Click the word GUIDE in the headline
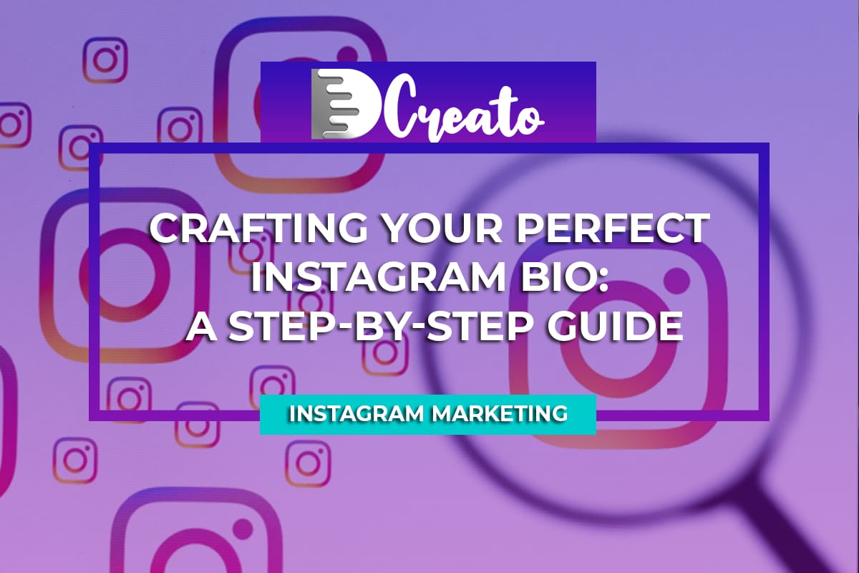coord(614,325)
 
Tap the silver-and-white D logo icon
coord(344,104)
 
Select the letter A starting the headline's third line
coord(201,325)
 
